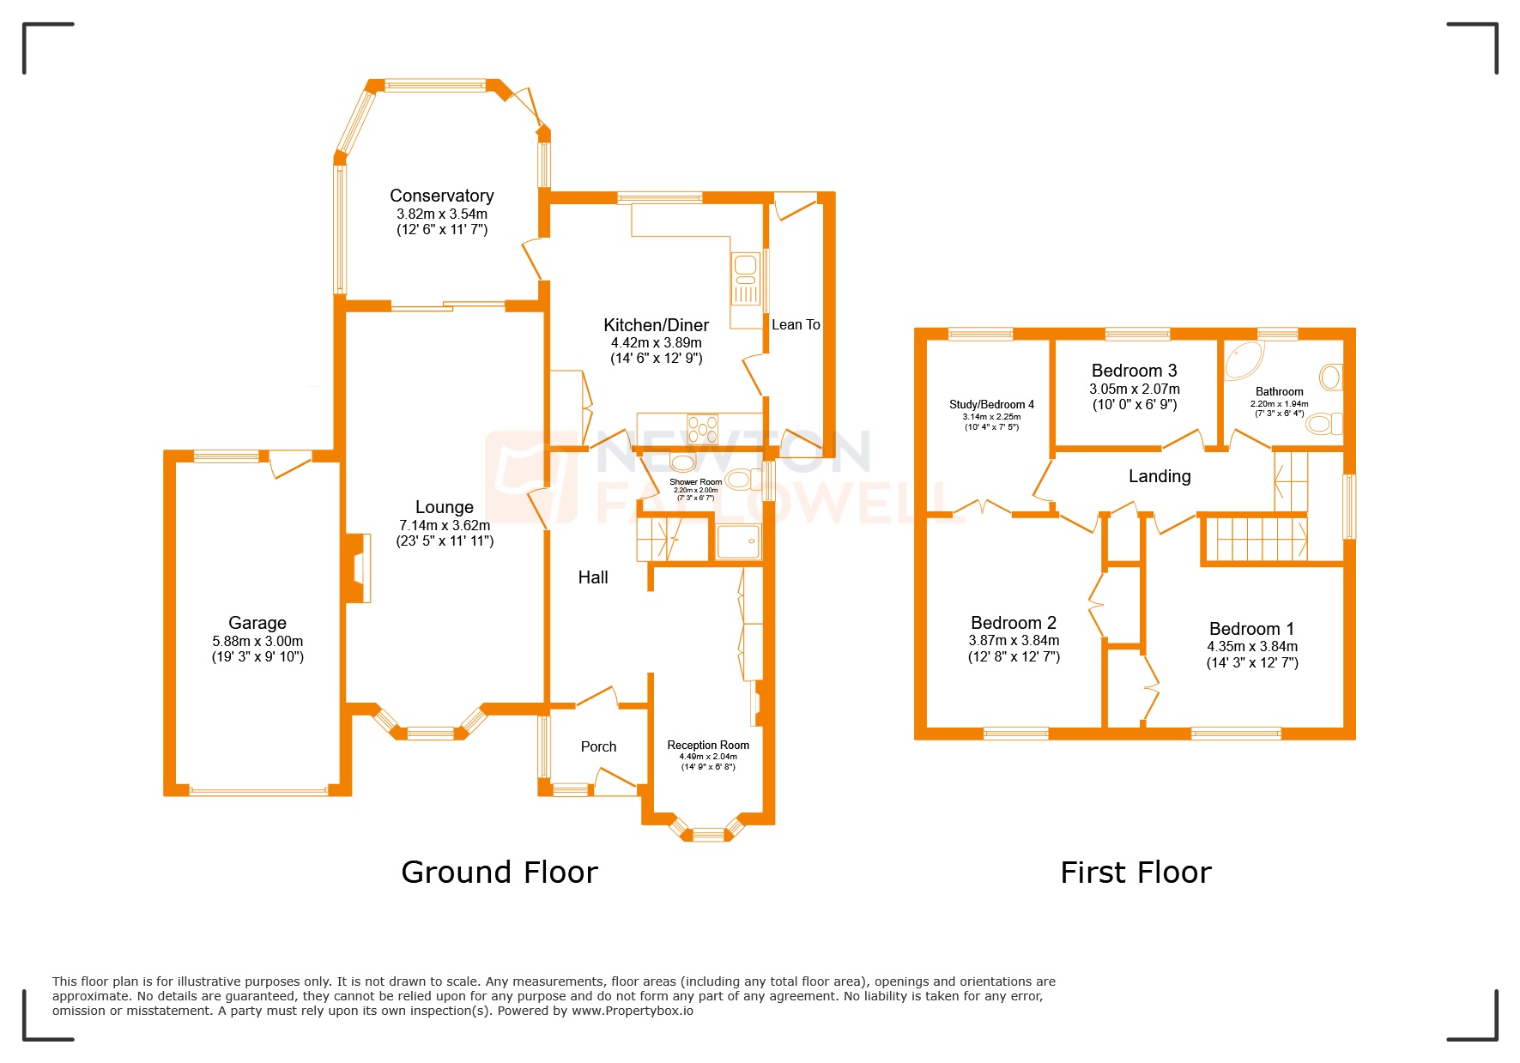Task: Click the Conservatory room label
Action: point(441,196)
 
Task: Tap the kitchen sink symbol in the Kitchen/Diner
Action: point(746,278)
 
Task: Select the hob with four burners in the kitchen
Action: point(703,428)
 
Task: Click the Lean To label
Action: point(796,324)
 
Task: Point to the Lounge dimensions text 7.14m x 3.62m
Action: point(445,525)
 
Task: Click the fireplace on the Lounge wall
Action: point(359,568)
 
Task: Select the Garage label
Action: point(257,623)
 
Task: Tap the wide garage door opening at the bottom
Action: point(257,791)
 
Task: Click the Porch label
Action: point(598,746)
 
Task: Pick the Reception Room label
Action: point(708,745)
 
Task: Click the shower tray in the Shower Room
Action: point(738,542)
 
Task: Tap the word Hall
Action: point(593,577)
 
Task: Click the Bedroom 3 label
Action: point(1134,371)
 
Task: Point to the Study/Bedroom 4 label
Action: point(991,404)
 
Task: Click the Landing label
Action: point(1160,476)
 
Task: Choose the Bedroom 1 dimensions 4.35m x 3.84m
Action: point(1252,647)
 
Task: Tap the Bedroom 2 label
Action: point(1014,623)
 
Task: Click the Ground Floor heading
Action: point(500,873)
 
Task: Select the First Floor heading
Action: point(1135,873)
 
